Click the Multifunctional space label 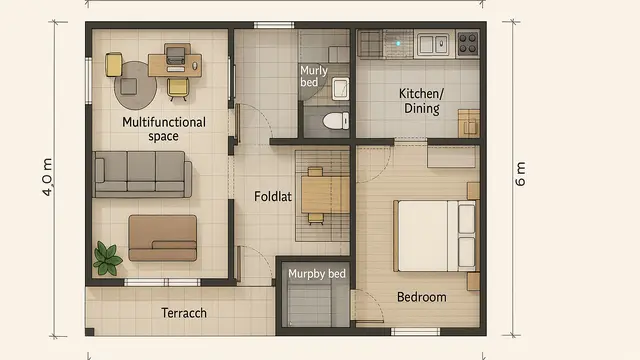163,129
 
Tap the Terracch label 184,313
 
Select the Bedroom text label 421,297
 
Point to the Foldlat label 273,196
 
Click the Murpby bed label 316,273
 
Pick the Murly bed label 313,76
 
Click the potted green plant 107,258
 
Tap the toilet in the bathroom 334,121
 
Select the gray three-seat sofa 143,173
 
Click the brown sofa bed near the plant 163,237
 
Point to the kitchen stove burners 467,42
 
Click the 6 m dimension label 520,173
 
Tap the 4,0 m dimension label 48,177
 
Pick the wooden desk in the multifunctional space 173,65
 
